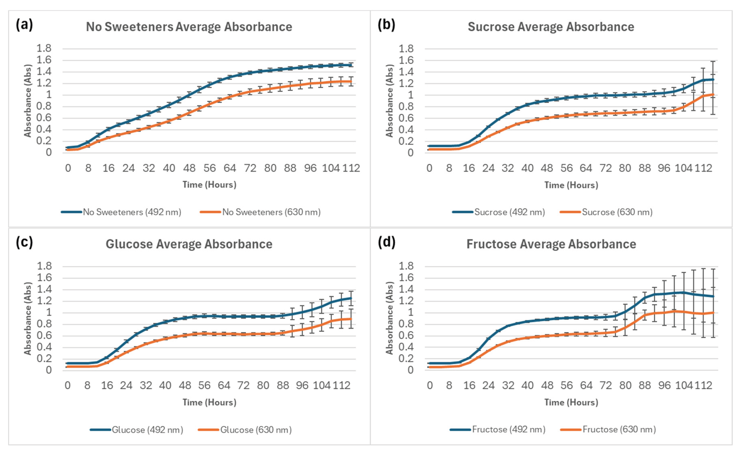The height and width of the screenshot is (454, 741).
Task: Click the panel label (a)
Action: (x=24, y=25)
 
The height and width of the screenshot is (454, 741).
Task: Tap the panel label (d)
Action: (x=386, y=242)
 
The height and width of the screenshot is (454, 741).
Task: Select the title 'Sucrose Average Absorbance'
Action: (x=551, y=27)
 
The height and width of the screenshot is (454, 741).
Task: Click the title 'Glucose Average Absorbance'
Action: (x=189, y=244)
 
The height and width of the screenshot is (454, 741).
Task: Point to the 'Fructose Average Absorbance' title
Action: (x=551, y=244)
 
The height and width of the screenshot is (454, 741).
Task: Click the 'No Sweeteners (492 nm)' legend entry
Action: (x=121, y=212)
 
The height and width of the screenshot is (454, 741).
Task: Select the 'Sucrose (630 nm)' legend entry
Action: (x=606, y=212)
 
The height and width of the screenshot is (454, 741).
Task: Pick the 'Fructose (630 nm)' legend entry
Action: (x=608, y=429)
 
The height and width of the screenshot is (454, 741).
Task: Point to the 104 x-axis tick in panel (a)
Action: (x=331, y=168)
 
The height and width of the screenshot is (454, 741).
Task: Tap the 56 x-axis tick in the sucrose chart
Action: (x=567, y=168)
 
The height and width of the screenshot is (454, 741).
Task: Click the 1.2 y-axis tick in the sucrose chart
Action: (x=406, y=83)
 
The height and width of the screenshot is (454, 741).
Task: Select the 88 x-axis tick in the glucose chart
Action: (x=283, y=385)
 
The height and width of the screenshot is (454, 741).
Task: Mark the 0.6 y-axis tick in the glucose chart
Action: (x=44, y=335)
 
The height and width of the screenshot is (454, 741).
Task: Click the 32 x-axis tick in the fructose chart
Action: (x=508, y=385)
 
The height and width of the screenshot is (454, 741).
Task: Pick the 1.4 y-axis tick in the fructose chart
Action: (x=406, y=289)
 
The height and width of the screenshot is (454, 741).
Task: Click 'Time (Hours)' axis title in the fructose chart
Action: (x=571, y=402)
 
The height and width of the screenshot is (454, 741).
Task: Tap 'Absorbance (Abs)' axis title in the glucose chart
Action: (x=28, y=318)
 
